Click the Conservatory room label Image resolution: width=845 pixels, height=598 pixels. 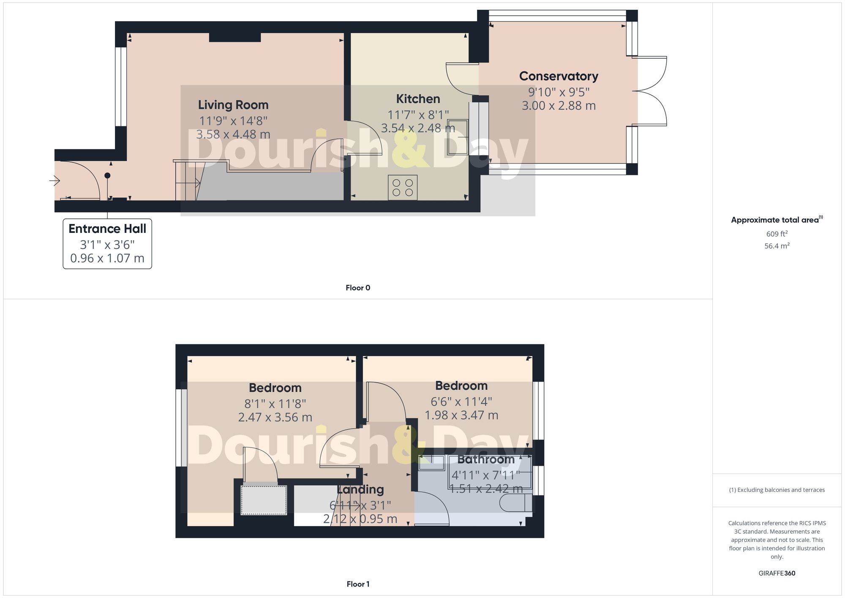559,76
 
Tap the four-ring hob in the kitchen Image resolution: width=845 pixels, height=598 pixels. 403,188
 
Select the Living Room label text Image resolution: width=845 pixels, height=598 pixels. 233,105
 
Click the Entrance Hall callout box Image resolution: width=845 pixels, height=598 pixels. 107,243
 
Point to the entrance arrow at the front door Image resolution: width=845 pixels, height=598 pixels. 55,181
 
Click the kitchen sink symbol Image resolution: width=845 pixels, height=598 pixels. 458,137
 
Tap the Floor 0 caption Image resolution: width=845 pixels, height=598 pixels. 358,288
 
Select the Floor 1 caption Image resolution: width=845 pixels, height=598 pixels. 358,584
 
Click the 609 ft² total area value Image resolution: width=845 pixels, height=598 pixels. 777,234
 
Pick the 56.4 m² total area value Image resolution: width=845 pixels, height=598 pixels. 777,246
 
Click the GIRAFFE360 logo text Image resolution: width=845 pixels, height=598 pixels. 777,573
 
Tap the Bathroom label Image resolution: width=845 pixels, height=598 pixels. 486,459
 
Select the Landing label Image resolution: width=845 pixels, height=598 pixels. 360,489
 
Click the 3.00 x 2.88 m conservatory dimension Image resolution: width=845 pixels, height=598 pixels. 559,106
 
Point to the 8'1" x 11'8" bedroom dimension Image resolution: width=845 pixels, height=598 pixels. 275,404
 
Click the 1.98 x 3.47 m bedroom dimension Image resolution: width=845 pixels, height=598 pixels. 461,415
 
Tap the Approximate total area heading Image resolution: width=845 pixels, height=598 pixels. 777,220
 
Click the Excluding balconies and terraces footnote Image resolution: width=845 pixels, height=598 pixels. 777,490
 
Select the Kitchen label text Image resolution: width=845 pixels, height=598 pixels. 418,99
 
